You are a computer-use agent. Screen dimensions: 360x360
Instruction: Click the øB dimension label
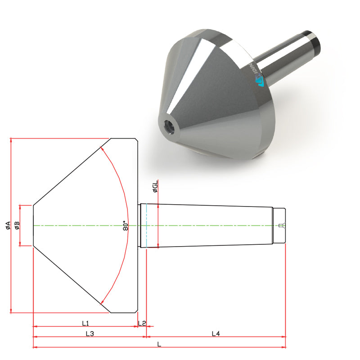[x=17, y=225]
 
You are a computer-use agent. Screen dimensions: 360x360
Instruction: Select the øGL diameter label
[x=155, y=187]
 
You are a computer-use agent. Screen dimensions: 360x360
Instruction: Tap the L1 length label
[x=85, y=323]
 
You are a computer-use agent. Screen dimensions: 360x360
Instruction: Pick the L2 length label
[x=142, y=323]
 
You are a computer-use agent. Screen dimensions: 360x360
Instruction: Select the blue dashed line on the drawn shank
[x=147, y=225]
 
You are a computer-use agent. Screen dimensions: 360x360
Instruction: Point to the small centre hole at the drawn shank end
[x=281, y=225]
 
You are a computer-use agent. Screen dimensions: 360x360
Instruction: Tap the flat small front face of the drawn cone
[x=33, y=225]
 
